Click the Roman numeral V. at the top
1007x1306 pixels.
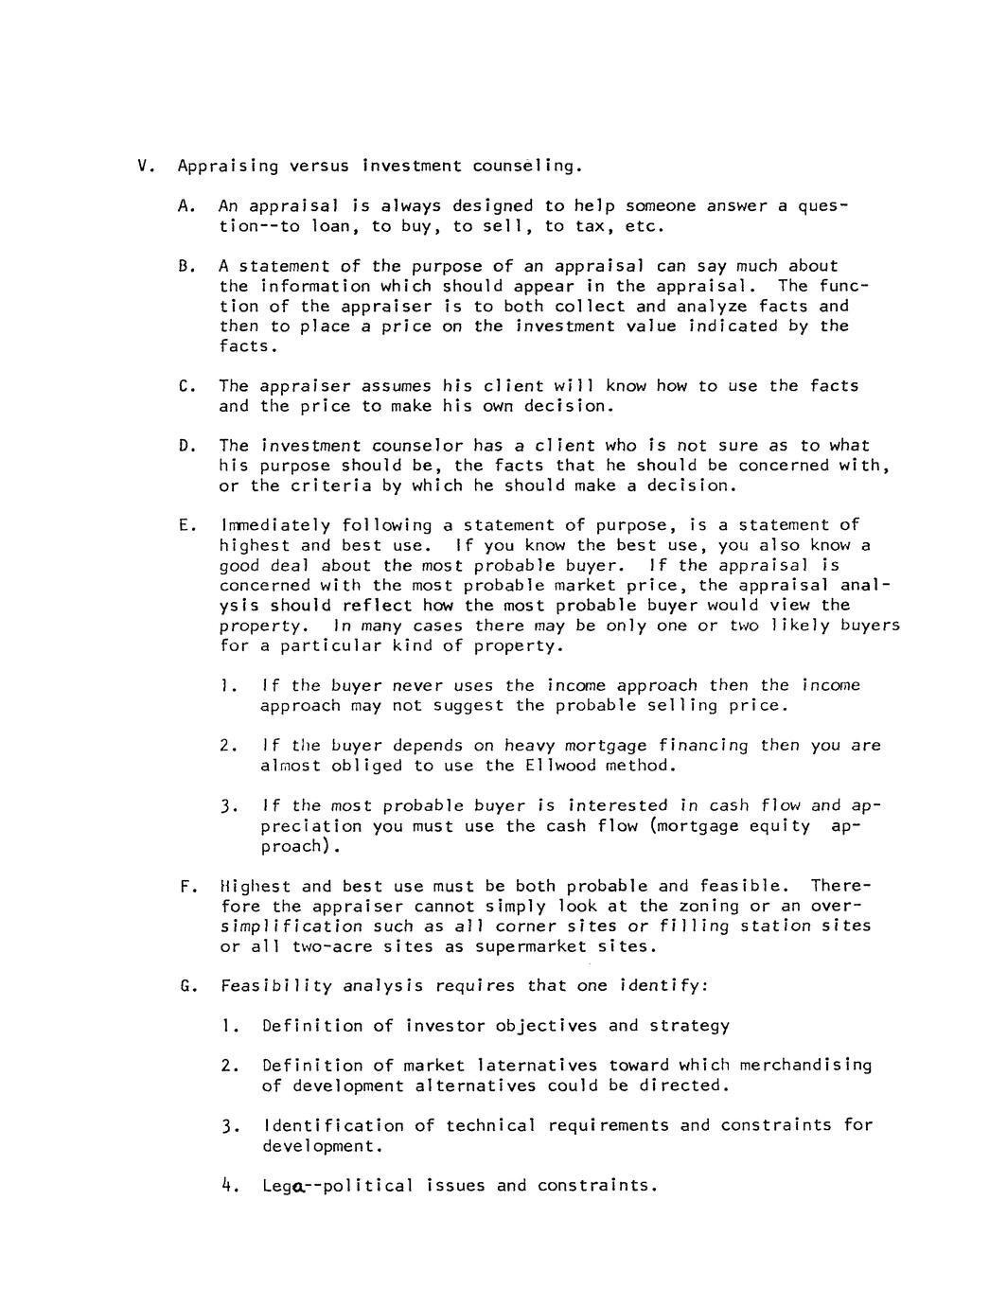pos(145,167)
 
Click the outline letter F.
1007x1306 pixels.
pos(185,887)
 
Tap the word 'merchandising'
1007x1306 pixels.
pos(805,1066)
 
